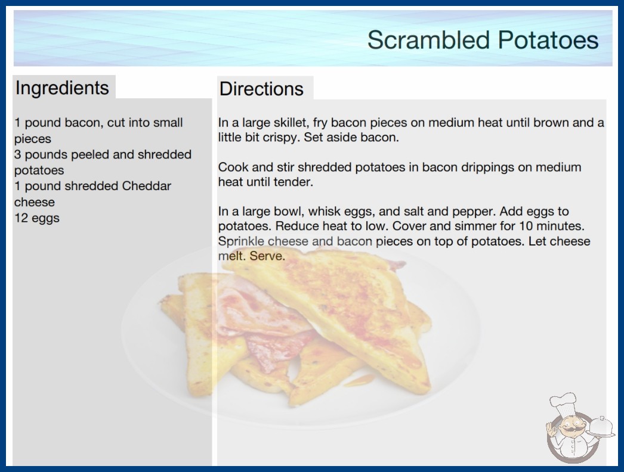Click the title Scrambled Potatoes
click(483, 40)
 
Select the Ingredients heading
click(62, 88)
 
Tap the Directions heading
click(261, 89)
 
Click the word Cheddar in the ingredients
click(146, 186)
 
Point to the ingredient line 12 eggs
click(37, 218)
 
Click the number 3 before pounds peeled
click(17, 154)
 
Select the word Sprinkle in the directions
click(241, 241)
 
